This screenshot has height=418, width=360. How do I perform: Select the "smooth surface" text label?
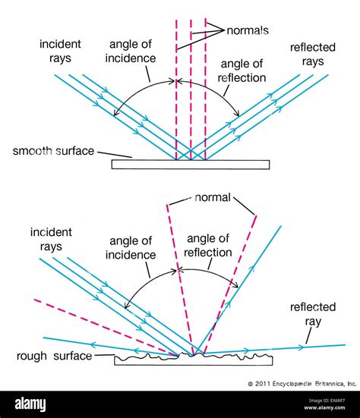(53, 151)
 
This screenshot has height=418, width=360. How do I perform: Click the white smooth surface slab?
(189, 164)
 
